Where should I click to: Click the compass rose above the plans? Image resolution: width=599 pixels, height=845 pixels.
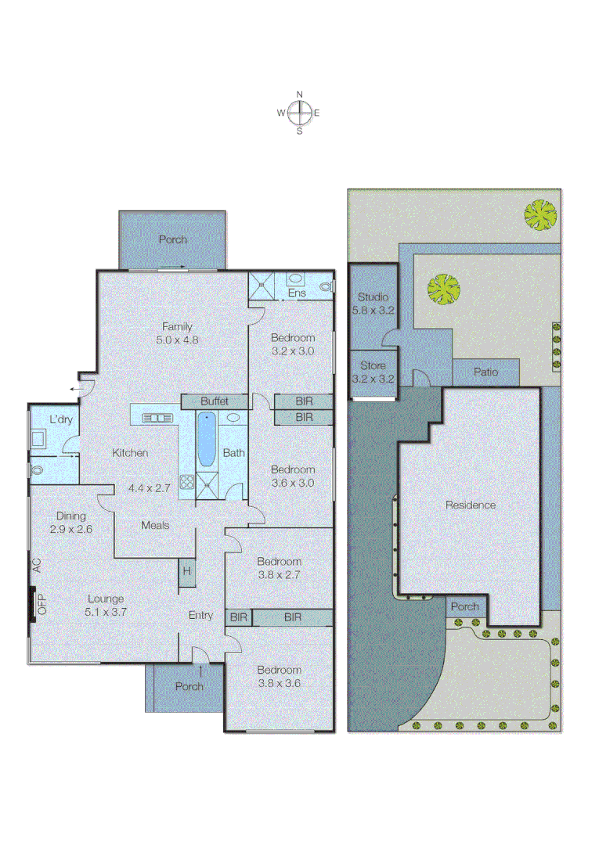[x=299, y=113]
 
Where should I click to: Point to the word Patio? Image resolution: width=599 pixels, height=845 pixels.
[x=485, y=372]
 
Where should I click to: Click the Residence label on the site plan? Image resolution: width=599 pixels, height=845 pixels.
[x=471, y=505]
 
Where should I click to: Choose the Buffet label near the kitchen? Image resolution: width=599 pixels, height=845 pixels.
[x=214, y=401]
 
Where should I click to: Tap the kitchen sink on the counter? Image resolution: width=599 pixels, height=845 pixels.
[x=157, y=418]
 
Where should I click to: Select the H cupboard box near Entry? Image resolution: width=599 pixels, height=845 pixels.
[x=186, y=571]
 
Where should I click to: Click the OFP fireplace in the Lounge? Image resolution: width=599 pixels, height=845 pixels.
[x=34, y=604]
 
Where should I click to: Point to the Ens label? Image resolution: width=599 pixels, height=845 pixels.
[x=297, y=293]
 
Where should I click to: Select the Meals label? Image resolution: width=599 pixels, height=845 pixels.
[x=155, y=526]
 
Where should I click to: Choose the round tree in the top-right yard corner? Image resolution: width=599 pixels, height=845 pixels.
[x=540, y=215]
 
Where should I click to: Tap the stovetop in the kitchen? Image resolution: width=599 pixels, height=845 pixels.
[x=186, y=484]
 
